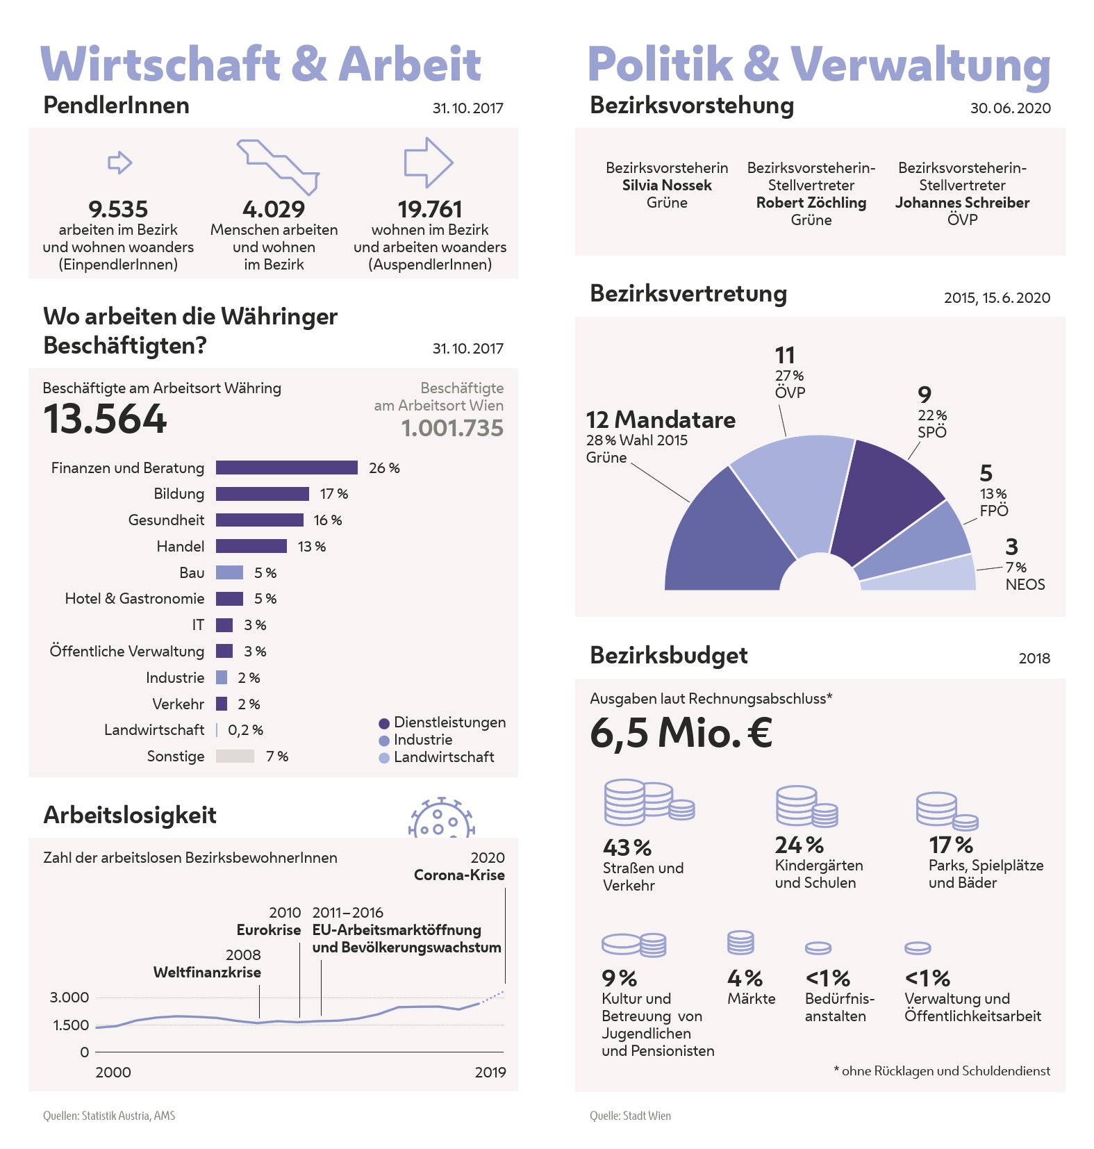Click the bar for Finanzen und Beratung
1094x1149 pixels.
286,468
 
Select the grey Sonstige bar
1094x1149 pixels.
235,756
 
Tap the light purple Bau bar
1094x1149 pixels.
229,572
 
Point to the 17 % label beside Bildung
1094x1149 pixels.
333,494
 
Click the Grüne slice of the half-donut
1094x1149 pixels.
722,542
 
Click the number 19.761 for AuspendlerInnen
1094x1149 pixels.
430,209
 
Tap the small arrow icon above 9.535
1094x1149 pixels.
119,163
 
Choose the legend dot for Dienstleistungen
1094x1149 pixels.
384,723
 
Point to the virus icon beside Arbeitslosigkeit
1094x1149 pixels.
440,818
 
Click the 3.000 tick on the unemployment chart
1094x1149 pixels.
69,998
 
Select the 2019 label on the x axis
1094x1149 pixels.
490,1072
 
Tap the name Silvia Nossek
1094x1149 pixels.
667,185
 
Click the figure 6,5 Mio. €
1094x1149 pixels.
681,733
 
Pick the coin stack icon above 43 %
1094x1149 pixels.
647,801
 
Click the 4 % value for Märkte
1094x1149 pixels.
745,978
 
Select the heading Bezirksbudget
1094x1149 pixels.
668,655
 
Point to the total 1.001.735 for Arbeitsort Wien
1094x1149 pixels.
452,428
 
